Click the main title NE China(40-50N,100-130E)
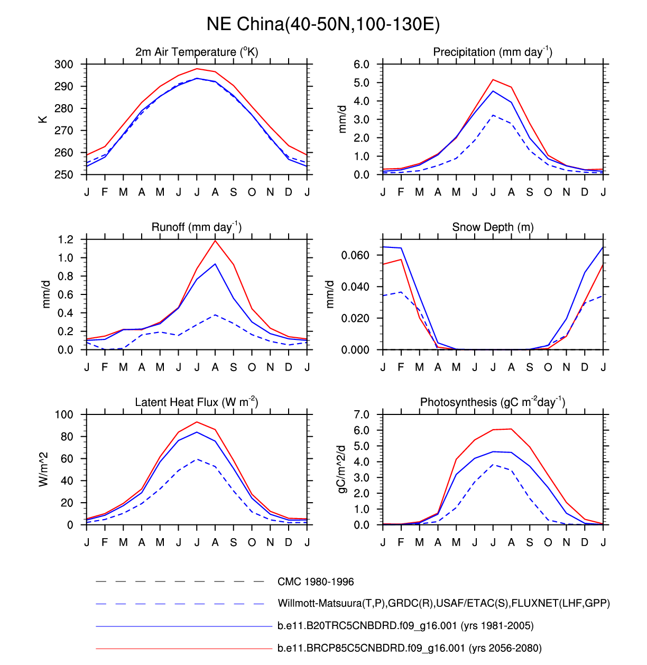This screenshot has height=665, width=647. tap(323, 24)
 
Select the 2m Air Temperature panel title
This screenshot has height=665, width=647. tap(197, 52)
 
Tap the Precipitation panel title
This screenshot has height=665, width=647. tap(493, 52)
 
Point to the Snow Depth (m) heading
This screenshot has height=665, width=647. tap(493, 227)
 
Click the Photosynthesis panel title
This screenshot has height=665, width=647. tap(493, 402)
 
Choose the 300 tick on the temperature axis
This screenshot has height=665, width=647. tap(64, 64)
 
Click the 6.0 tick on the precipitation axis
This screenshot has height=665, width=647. tap(362, 64)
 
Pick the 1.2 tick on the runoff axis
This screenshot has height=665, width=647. tap(66, 239)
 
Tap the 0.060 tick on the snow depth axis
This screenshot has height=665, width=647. tap(355, 255)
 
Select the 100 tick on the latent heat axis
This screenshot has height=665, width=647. tap(64, 414)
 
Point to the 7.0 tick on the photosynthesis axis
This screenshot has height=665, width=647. tap(362, 414)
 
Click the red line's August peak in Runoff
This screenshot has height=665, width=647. tap(215, 241)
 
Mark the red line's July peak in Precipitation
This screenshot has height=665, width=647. tap(493, 80)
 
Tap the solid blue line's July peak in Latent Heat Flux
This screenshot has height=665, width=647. tap(197, 432)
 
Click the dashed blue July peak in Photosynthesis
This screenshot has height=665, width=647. tap(493, 465)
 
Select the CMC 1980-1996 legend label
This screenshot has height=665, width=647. tap(316, 582)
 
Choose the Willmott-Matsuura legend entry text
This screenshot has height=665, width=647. tap(443, 604)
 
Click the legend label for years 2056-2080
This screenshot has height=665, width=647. tap(409, 648)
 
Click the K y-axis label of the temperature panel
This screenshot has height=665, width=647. tap(43, 119)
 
